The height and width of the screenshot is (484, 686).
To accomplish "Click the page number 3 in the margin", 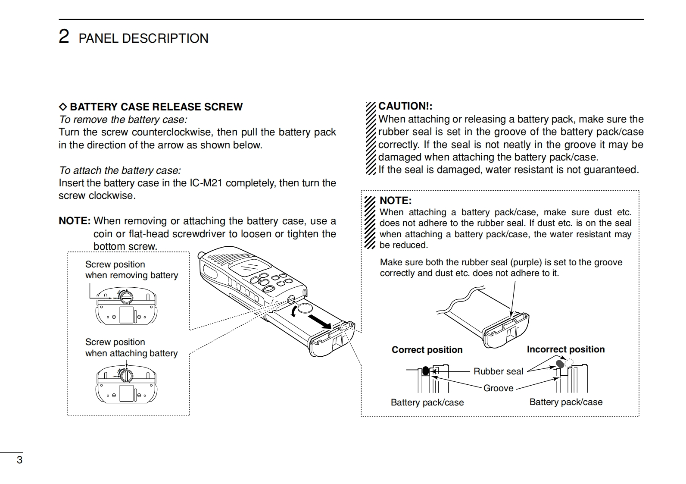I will (x=19, y=460).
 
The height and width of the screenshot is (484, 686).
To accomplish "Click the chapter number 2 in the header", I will (x=64, y=37).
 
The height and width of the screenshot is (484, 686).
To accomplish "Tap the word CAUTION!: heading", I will (x=405, y=106).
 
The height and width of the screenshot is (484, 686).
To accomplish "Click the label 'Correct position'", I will (x=427, y=350).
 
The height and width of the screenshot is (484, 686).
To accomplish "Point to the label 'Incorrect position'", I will (x=565, y=349).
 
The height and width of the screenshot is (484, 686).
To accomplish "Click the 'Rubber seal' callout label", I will (x=498, y=371).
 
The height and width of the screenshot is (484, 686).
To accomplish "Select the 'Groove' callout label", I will (x=498, y=388).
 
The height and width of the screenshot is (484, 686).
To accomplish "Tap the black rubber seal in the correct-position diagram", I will (x=426, y=371).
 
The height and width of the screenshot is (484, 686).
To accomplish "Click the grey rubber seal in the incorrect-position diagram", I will (x=560, y=364).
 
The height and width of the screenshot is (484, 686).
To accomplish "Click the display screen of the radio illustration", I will (x=246, y=267).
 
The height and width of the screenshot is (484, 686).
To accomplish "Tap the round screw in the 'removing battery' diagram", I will (x=126, y=297).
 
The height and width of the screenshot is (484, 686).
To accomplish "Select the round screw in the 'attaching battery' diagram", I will (x=126, y=375).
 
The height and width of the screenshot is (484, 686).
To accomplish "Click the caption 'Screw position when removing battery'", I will (x=131, y=270).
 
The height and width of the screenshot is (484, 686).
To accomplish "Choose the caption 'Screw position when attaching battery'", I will (x=131, y=348).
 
